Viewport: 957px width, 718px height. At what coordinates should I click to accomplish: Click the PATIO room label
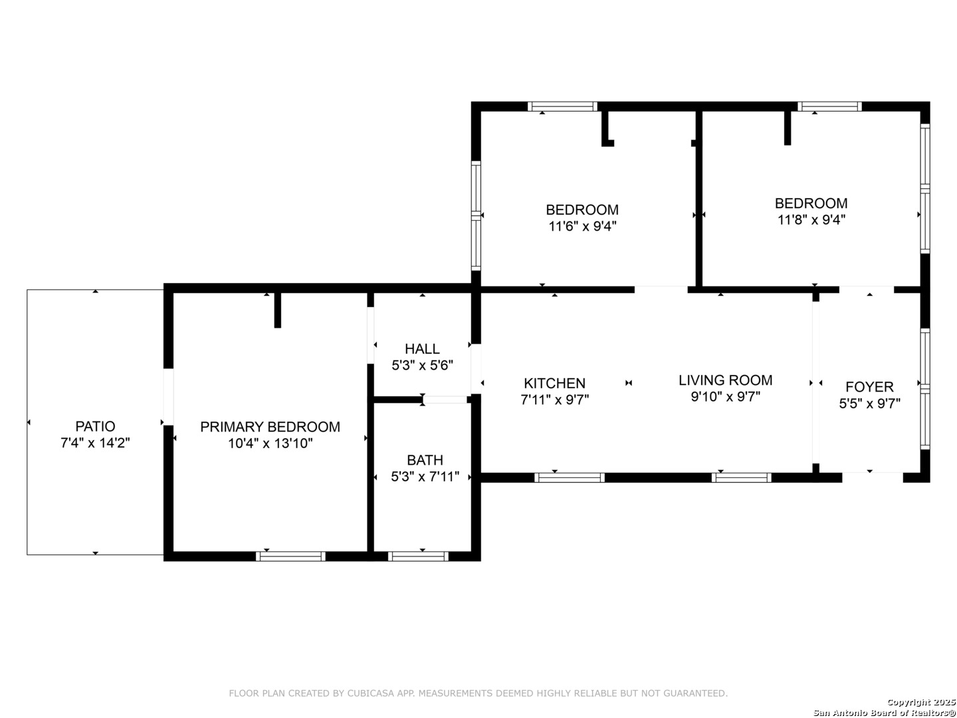tap(95, 426)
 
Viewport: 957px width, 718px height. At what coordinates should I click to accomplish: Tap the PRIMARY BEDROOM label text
tap(270, 426)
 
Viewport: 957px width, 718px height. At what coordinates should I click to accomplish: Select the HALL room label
tap(422, 349)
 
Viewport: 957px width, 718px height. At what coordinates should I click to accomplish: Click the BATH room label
tap(425, 460)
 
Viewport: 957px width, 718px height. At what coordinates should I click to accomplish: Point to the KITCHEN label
tap(554, 383)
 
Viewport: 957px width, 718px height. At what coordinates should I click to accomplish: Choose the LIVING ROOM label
tap(725, 380)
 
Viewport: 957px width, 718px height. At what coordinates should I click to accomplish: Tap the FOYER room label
tap(869, 387)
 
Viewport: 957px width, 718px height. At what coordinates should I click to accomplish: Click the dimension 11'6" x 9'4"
tap(582, 226)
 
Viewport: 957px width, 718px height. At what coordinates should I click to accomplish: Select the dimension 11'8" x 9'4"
tap(811, 219)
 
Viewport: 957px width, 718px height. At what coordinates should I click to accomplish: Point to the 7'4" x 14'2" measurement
tap(95, 443)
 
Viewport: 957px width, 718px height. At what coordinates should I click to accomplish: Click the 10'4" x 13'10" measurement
tap(270, 443)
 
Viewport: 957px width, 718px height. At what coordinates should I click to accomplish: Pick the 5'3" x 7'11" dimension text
tap(425, 477)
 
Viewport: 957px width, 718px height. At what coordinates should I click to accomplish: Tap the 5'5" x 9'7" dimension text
tap(869, 404)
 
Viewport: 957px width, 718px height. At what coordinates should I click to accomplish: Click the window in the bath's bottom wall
tap(417, 556)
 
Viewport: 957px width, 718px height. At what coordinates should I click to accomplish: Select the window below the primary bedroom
tap(290, 556)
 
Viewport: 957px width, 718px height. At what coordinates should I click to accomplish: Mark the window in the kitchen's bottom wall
tap(570, 478)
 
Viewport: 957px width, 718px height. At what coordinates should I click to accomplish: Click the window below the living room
tap(741, 478)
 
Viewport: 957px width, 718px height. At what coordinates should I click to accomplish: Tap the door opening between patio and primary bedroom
tap(168, 397)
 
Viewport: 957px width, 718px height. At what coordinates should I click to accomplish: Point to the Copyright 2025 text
tap(920, 702)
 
